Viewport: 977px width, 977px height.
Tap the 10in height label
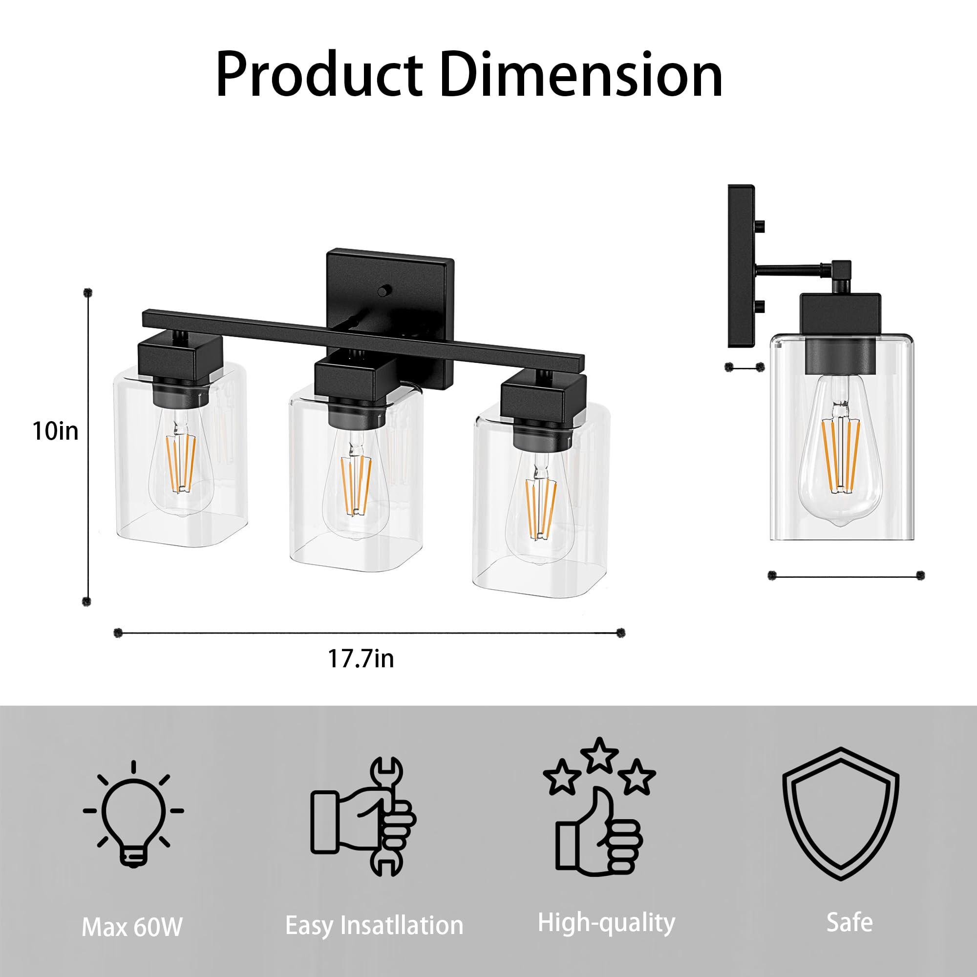pyautogui.click(x=56, y=431)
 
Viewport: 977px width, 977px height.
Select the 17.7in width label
pyautogui.click(x=361, y=659)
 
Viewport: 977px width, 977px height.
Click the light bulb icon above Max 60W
pyautogui.click(x=133, y=804)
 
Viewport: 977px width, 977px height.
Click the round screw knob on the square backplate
pyautogui.click(x=385, y=291)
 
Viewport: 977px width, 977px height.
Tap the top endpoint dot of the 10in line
pyautogui.click(x=88, y=293)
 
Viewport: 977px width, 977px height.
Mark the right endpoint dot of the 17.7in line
pyautogui.click(x=621, y=633)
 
